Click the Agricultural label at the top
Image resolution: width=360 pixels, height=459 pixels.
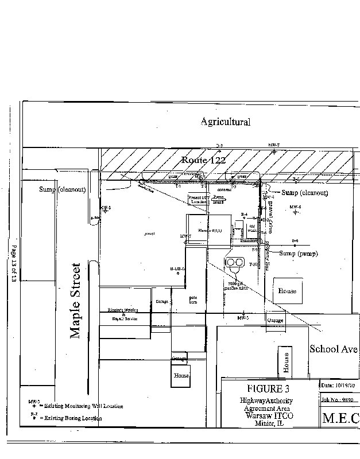(x=225, y=122)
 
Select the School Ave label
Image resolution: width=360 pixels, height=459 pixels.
(x=334, y=348)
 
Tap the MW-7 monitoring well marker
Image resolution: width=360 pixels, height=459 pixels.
(x=274, y=151)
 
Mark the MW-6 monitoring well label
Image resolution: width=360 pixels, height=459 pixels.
(x=295, y=207)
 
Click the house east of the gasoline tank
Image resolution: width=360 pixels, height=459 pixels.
(x=287, y=291)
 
